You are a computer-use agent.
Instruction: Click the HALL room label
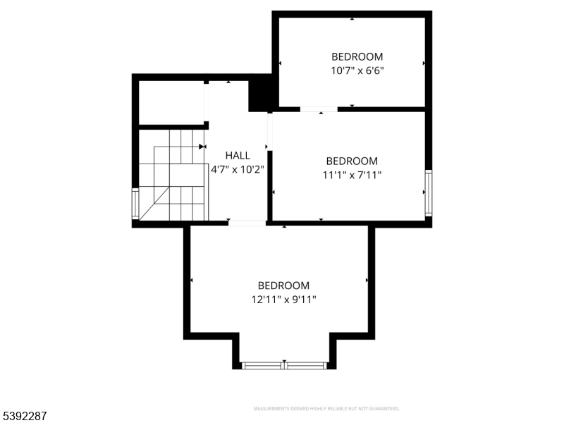(x=237, y=155)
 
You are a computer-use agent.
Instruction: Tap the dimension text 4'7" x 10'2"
(x=237, y=169)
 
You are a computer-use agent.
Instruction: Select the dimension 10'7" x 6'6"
(x=357, y=70)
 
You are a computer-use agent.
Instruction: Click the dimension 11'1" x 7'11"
(x=352, y=175)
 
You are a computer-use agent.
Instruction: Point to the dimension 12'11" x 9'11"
(x=283, y=300)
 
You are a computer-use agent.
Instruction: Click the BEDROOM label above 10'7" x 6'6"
(x=357, y=56)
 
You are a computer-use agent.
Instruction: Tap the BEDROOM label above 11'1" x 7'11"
(x=352, y=161)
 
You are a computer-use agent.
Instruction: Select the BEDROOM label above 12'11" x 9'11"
(x=283, y=286)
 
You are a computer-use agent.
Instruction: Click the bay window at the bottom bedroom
(x=284, y=365)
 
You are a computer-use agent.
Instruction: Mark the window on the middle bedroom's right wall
(x=428, y=193)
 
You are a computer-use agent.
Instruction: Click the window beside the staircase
(x=135, y=203)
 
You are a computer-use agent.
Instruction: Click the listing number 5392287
(x=25, y=417)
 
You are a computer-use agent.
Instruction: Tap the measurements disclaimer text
(x=326, y=409)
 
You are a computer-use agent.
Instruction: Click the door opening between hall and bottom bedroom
(x=247, y=223)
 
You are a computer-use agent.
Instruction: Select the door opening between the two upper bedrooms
(x=318, y=109)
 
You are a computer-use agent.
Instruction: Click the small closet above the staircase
(x=171, y=103)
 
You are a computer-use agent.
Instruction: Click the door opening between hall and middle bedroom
(x=269, y=131)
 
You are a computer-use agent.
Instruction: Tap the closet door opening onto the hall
(x=207, y=103)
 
